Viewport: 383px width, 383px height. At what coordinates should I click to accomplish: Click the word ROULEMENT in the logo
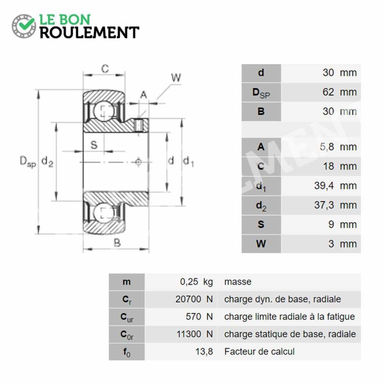90,33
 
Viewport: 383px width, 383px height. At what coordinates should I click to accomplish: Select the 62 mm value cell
321,92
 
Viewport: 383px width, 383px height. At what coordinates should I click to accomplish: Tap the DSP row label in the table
261,92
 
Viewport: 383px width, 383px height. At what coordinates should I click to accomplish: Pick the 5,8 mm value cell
321,147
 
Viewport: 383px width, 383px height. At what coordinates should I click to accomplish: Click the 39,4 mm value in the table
336,186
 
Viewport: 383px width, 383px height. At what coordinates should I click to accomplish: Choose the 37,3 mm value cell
321,205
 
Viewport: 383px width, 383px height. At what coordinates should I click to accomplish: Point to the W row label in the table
261,244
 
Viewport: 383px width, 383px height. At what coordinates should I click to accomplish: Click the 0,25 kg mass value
196,282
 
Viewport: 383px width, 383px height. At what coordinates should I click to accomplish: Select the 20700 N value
194,299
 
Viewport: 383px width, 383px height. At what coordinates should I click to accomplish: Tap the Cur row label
127,317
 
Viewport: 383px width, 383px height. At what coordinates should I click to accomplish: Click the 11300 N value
195,334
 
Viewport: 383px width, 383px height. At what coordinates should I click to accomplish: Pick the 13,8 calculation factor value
204,352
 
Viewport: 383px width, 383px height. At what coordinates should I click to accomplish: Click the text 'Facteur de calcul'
259,352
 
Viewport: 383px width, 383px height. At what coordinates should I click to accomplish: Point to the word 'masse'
237,282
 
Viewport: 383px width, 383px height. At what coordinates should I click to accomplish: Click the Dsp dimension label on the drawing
28,162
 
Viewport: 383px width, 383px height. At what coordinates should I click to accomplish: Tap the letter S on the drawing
94,145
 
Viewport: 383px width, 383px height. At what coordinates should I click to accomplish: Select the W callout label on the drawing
176,78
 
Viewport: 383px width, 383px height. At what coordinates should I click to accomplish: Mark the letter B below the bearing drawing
117,243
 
